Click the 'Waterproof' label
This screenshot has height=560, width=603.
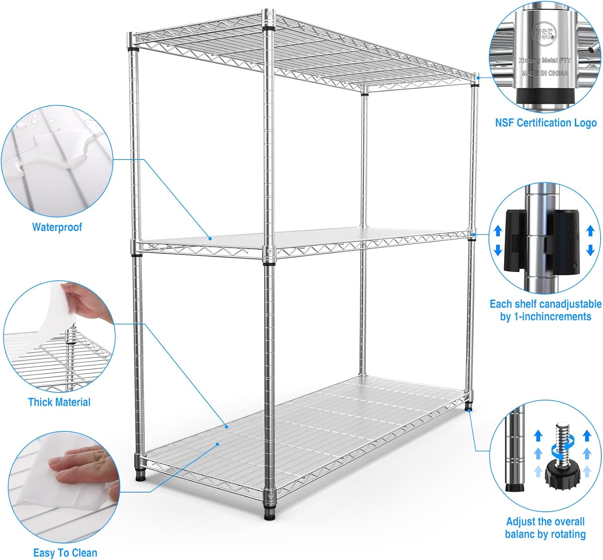coord(57,227)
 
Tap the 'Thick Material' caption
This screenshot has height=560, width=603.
coord(59,402)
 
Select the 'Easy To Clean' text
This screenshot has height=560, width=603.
coord(65,553)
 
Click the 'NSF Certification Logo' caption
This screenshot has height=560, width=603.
coord(546,123)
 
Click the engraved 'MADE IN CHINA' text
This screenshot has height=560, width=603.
coord(545,73)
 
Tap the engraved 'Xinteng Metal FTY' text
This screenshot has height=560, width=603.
coord(545,60)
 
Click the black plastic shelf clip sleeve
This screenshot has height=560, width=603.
coord(541,240)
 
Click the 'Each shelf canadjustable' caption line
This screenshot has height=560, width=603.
coord(546,304)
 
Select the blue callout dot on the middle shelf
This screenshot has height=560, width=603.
coord(210,239)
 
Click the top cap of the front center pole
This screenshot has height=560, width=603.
coord(269,14)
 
